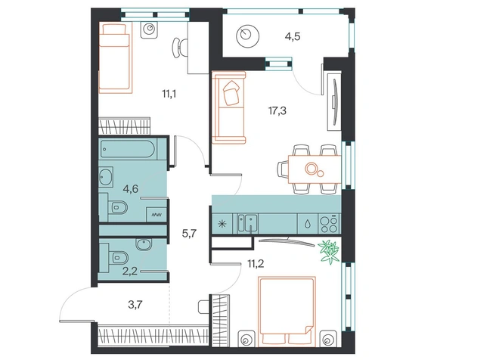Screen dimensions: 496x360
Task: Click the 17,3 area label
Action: (277, 111)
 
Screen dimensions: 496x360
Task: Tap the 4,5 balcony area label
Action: (293, 37)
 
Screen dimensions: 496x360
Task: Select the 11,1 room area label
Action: (169, 94)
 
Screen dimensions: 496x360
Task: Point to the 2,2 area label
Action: (130, 271)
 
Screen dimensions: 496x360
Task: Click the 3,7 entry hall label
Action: (135, 305)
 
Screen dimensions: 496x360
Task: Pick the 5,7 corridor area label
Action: (189, 234)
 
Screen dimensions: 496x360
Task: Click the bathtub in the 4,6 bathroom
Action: (128, 149)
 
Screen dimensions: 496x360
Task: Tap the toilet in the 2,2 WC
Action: (117, 256)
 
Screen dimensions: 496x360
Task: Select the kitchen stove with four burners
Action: (330, 224)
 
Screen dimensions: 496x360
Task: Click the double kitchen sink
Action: (247, 223)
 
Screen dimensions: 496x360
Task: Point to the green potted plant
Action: (329, 251)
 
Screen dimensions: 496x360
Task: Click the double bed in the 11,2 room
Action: (287, 312)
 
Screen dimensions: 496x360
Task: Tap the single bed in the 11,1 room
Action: (115, 58)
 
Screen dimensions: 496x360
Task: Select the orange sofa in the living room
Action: (228, 107)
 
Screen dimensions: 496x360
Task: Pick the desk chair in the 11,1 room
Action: (179, 48)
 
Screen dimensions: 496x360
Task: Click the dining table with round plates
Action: (315, 169)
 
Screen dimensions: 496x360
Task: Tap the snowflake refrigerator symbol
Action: (222, 224)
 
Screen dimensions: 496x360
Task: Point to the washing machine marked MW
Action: (157, 215)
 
